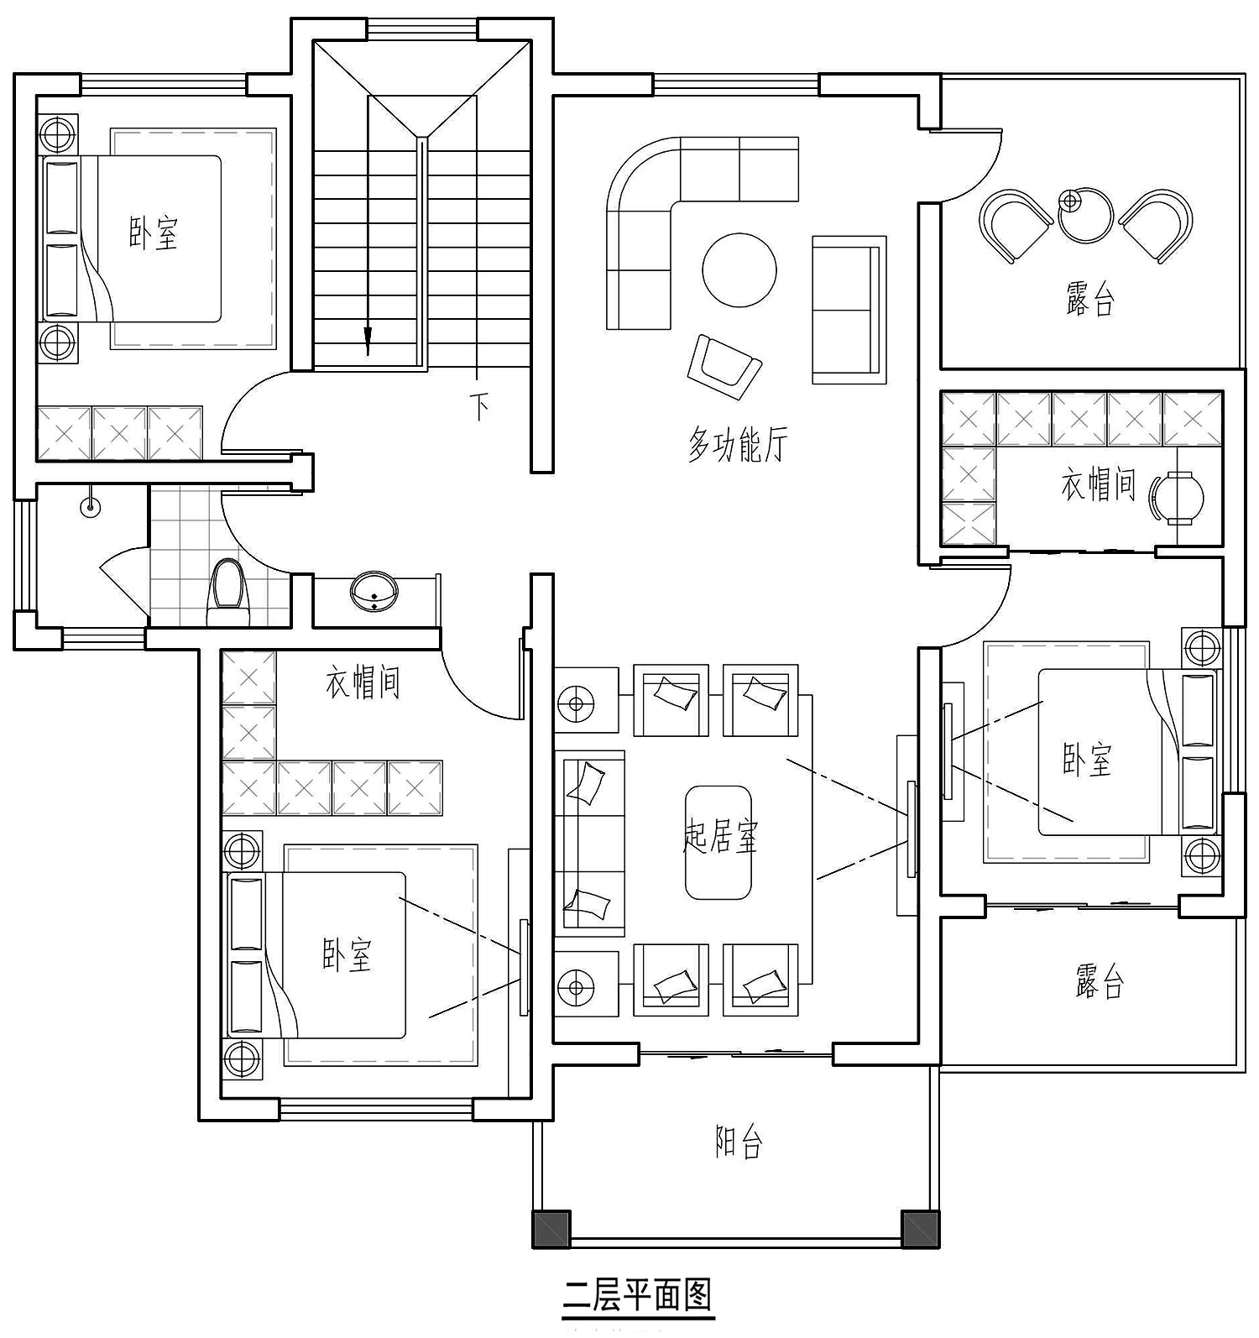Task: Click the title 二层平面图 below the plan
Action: pos(637,1294)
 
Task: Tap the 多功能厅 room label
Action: pos(739,444)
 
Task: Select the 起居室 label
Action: pos(720,837)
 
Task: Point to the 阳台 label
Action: pos(739,1142)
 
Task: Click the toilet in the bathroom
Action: pos(228,591)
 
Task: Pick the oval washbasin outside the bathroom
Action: pos(374,591)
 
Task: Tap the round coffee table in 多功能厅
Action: pos(739,270)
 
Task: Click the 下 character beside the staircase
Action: pos(479,407)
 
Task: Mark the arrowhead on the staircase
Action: pos(368,341)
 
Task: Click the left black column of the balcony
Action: pos(551,1229)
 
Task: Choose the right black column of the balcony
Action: pos(920,1229)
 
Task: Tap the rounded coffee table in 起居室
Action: pos(718,843)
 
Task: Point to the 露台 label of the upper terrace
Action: pos(1090,299)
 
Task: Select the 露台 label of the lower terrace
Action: pos(1100,980)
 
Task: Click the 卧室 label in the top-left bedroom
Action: pos(154,233)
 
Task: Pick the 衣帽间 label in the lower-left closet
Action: pos(363,683)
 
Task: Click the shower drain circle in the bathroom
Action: pos(90,506)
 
